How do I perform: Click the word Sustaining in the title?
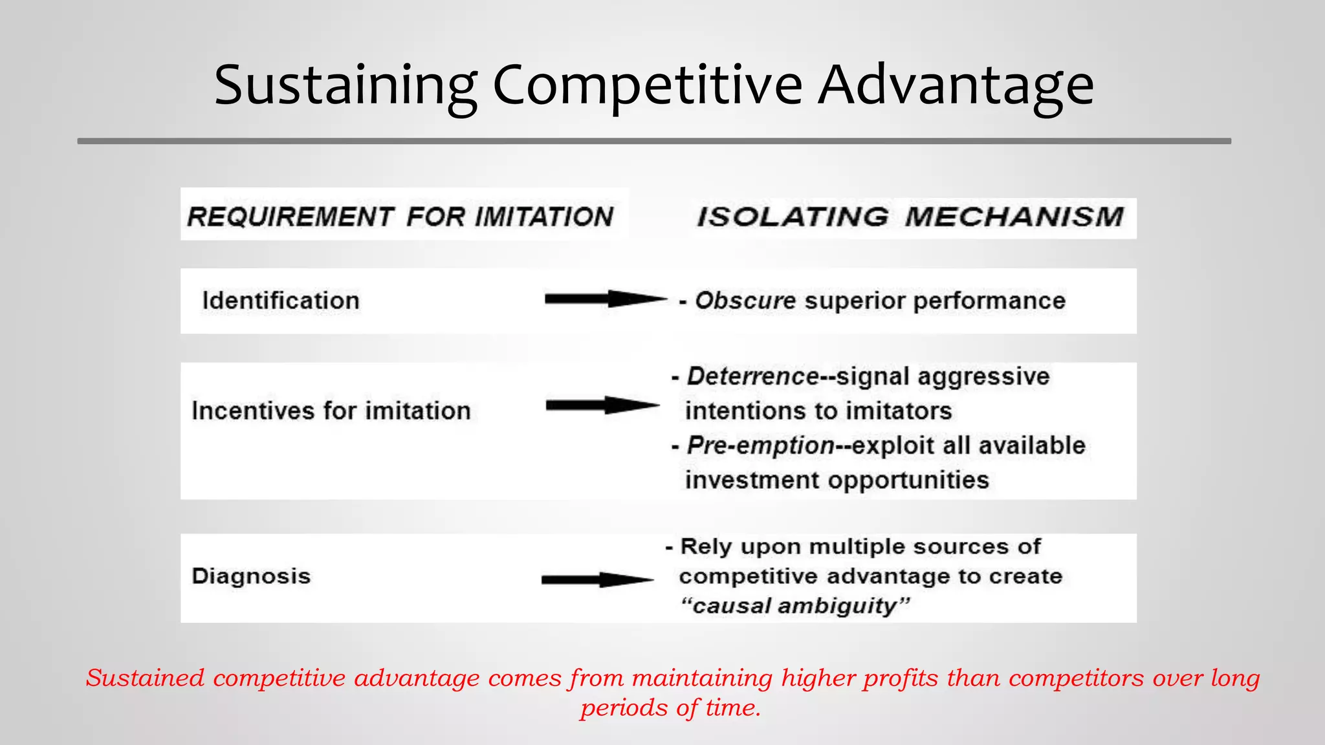click(345, 86)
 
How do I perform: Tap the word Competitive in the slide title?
click(647, 86)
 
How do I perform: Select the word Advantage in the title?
click(956, 86)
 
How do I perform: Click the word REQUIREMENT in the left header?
click(290, 217)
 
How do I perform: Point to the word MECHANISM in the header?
click(1014, 217)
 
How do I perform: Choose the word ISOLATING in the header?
click(793, 217)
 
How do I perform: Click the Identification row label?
click(281, 301)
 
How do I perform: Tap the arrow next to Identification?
click(605, 299)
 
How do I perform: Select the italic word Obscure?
click(745, 301)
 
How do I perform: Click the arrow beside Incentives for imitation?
click(602, 405)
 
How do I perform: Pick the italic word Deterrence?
click(753, 376)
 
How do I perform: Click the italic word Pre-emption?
click(760, 446)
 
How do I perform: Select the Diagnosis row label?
click(251, 576)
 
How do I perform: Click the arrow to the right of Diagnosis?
click(597, 579)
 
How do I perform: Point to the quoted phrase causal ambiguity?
click(795, 606)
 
